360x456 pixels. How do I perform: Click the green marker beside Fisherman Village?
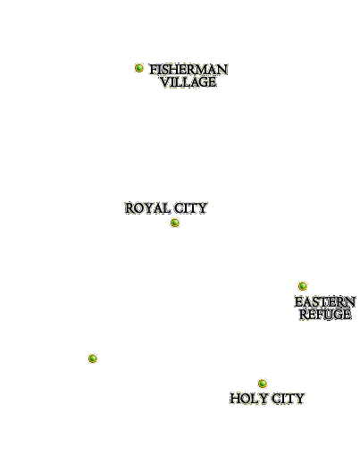click(139, 68)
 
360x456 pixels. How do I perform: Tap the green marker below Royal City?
click(175, 223)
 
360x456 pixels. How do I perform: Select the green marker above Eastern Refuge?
click(303, 286)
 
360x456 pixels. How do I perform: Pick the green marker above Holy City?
click(263, 383)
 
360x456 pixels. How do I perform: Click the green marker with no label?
click(93, 358)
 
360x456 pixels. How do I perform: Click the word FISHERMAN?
click(188, 70)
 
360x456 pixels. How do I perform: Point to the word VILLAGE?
click(188, 82)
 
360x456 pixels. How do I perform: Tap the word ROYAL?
click(147, 208)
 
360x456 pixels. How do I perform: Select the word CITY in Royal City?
click(190, 208)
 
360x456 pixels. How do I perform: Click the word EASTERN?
click(325, 302)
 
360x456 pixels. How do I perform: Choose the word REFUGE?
click(325, 315)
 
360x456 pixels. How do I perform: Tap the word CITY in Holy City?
click(288, 399)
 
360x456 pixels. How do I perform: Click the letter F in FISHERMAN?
click(153, 70)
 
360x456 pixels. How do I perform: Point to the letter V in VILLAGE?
click(165, 82)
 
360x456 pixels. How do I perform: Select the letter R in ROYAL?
click(130, 208)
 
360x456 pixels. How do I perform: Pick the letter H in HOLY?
click(235, 399)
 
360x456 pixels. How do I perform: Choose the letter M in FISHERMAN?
click(203, 70)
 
